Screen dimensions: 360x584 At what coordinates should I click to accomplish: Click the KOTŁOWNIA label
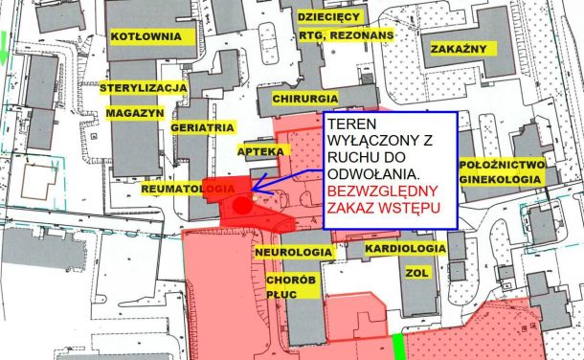pyautogui.click(x=146, y=35)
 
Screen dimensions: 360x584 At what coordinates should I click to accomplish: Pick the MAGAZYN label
pyautogui.click(x=132, y=112)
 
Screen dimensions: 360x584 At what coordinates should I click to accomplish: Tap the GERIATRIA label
pyautogui.click(x=202, y=126)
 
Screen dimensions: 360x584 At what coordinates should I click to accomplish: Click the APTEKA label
pyautogui.click(x=260, y=151)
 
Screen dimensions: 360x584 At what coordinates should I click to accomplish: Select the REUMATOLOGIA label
pyautogui.click(x=188, y=190)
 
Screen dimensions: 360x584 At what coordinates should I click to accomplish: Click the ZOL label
pyautogui.click(x=416, y=271)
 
